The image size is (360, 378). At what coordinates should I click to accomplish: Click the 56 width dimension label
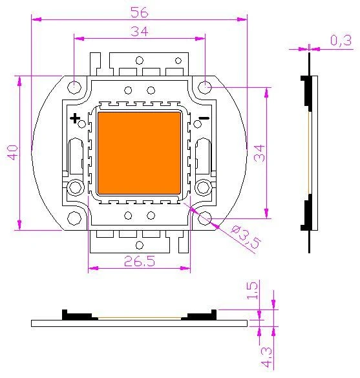(x=140, y=12)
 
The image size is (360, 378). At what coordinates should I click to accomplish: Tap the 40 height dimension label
(x=12, y=152)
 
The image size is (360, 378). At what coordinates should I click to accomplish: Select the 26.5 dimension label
(x=140, y=261)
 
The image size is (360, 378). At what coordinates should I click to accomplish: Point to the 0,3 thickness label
(x=341, y=40)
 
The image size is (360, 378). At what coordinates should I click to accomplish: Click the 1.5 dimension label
(x=252, y=291)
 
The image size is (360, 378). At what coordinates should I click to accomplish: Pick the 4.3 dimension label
(x=266, y=357)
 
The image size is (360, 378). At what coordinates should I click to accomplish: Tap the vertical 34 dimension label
(x=259, y=153)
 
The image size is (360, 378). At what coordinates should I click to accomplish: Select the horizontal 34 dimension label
(x=139, y=32)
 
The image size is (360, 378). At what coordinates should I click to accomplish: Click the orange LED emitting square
(x=139, y=153)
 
